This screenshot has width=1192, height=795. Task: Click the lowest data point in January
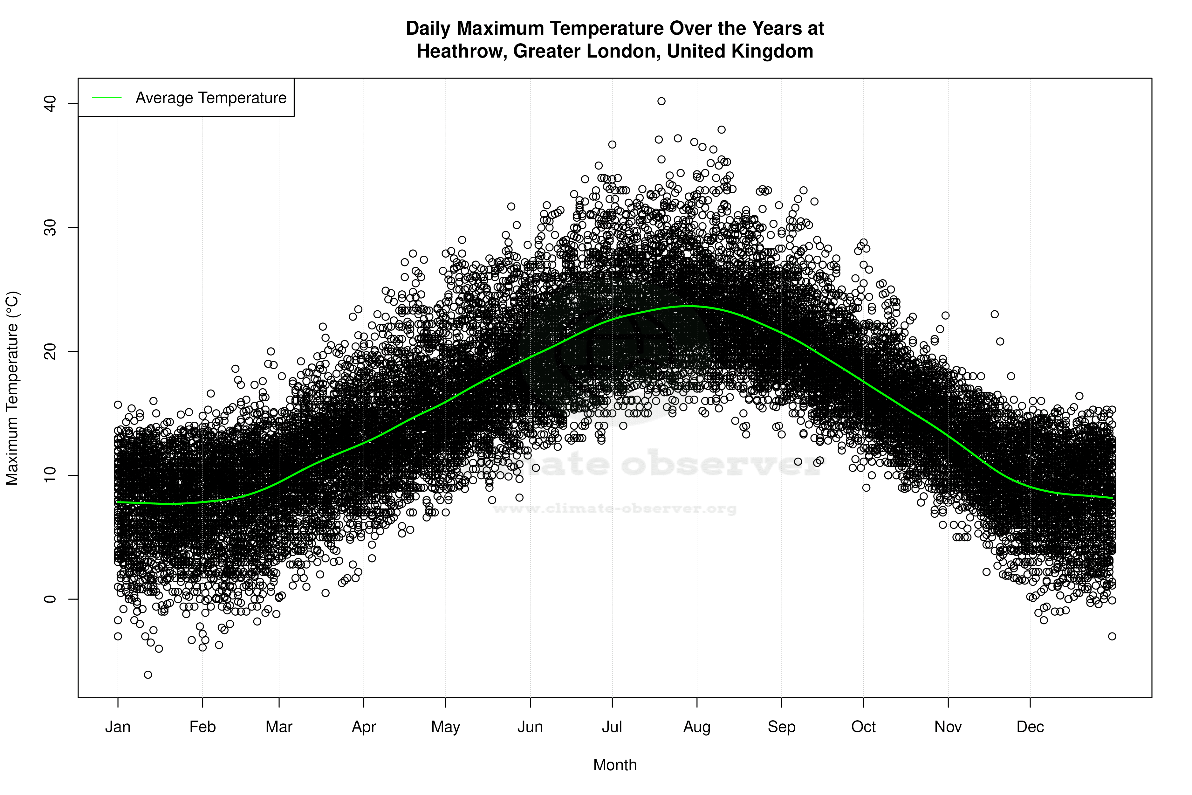pyautogui.click(x=148, y=675)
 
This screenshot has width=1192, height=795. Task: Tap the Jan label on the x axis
pyautogui.click(x=118, y=727)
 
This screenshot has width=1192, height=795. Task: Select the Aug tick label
pyautogui.click(x=697, y=727)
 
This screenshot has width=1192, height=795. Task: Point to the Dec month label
pyautogui.click(x=1030, y=727)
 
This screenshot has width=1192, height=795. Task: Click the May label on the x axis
pyautogui.click(x=445, y=727)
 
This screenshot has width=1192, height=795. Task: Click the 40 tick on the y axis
pyautogui.click(x=50, y=104)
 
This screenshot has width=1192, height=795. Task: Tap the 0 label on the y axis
pyautogui.click(x=50, y=599)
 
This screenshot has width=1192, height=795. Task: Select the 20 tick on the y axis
pyautogui.click(x=50, y=351)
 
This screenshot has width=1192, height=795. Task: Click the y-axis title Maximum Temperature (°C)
pyautogui.click(x=12, y=388)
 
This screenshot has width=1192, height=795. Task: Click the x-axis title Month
pyautogui.click(x=615, y=765)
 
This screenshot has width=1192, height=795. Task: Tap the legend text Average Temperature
pyautogui.click(x=211, y=98)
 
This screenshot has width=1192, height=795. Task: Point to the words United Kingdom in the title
pyautogui.click(x=740, y=51)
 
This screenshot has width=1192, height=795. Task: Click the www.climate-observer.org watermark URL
pyautogui.click(x=615, y=508)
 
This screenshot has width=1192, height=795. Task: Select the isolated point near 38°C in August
pyautogui.click(x=722, y=130)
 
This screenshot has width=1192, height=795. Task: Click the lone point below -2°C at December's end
pyautogui.click(x=1112, y=636)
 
